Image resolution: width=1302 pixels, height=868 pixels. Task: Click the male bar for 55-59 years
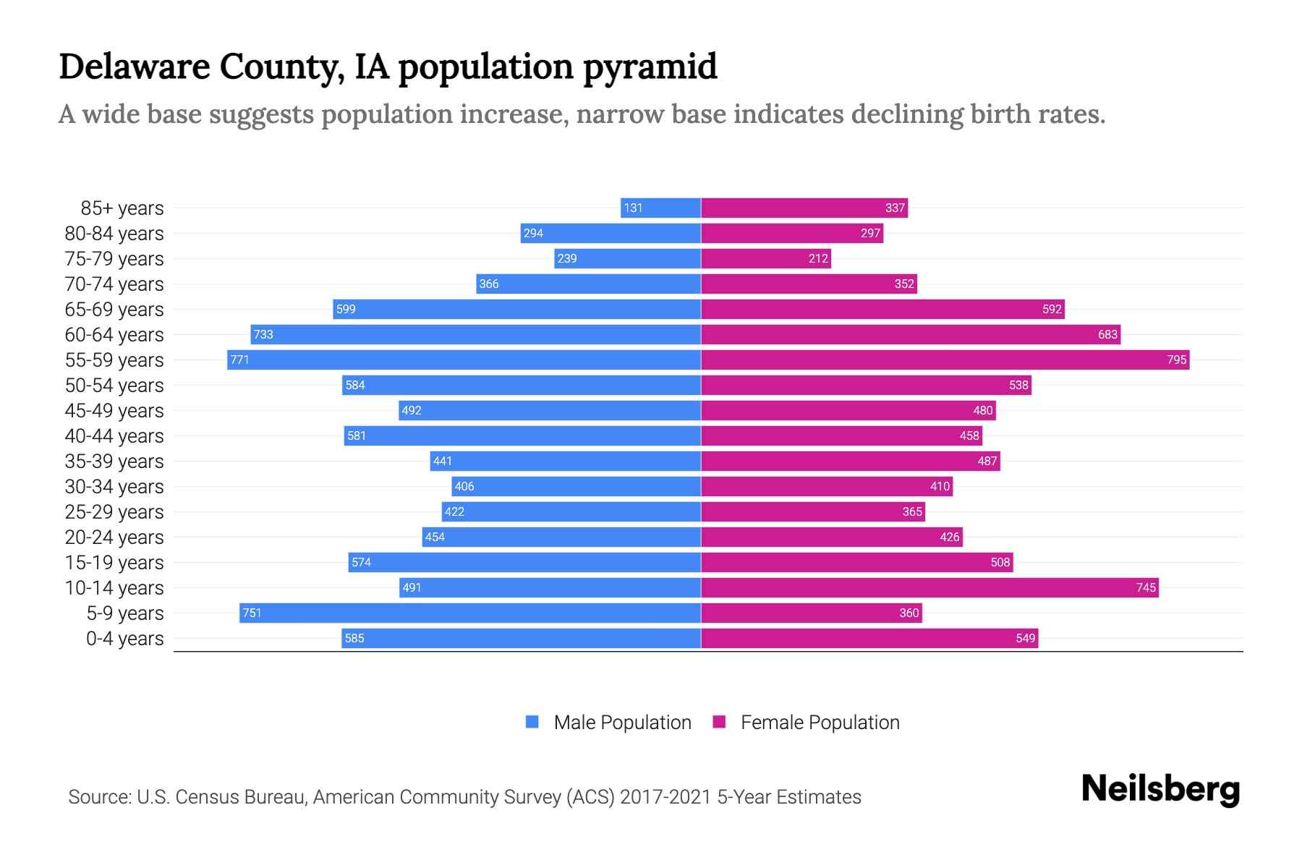pos(463,359)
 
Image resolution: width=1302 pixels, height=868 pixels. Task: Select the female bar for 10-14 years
pos(929,587)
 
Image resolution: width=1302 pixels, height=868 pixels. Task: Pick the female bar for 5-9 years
pos(810,613)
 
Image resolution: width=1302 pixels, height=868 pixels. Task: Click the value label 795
pos(1176,359)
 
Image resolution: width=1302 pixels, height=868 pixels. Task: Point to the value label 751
pos(252,613)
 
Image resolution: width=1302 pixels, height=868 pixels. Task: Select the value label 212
pos(818,258)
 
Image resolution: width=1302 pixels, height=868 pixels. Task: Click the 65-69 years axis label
pos(114,310)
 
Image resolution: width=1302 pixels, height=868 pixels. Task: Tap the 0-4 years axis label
pos(124,639)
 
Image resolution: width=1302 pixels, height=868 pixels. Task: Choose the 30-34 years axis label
pos(114,487)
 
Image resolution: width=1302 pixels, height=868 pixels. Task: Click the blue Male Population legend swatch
pos(532,722)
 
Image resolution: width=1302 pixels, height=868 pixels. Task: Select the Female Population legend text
pos(820,723)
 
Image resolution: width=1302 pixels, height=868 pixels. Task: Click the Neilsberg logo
pos(1160,789)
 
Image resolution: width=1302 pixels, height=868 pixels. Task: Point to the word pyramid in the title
pos(649,67)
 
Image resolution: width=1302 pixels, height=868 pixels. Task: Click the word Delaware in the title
pos(134,67)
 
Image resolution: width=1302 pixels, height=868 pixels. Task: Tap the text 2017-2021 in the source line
pos(665,797)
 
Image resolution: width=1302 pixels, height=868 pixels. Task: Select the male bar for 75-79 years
pos(627,258)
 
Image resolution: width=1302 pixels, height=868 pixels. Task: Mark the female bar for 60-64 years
pos(910,334)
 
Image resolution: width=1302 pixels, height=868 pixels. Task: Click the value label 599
pos(346,309)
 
